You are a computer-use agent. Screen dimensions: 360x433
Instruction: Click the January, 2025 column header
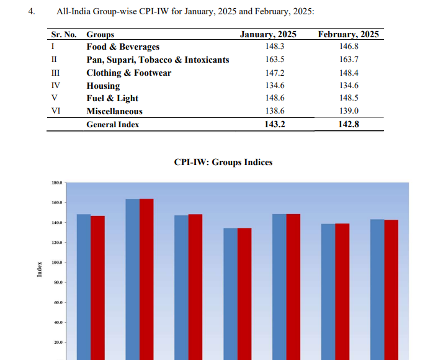click(268, 35)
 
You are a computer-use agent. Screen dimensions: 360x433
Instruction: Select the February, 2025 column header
click(348, 35)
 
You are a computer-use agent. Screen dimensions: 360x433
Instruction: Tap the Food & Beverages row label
click(123, 47)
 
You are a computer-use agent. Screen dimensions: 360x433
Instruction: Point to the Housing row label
click(103, 86)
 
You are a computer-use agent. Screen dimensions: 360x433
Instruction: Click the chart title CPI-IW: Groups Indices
click(223, 163)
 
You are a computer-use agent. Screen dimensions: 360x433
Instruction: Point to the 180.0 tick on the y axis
click(56, 183)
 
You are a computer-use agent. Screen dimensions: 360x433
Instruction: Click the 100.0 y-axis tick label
click(56, 263)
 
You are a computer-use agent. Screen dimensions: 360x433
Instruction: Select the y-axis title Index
click(40, 269)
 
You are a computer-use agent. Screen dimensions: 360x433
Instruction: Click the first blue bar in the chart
click(84, 286)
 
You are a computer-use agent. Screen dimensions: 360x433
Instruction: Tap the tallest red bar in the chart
click(146, 279)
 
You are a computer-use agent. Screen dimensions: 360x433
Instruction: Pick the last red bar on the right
click(391, 289)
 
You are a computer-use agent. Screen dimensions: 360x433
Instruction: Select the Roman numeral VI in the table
click(55, 111)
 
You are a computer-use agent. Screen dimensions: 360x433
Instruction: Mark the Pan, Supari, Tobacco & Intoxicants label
click(158, 60)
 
